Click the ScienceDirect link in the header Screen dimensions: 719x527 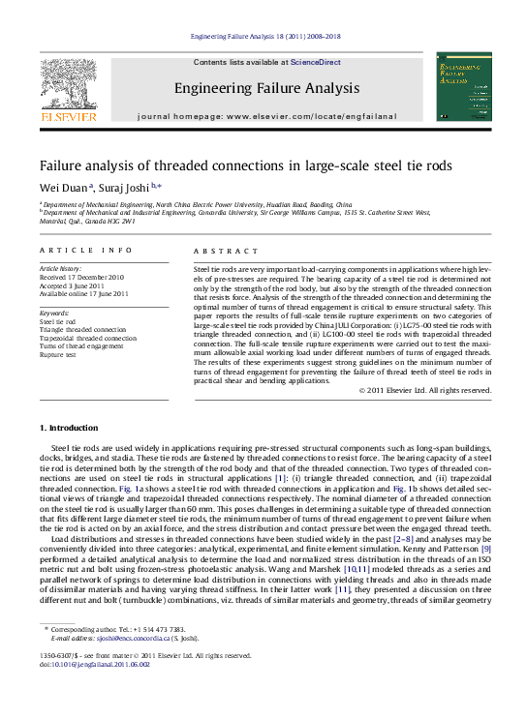(x=316, y=62)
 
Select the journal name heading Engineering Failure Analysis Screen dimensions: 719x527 (x=266, y=89)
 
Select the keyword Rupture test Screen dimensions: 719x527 (x=57, y=355)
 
